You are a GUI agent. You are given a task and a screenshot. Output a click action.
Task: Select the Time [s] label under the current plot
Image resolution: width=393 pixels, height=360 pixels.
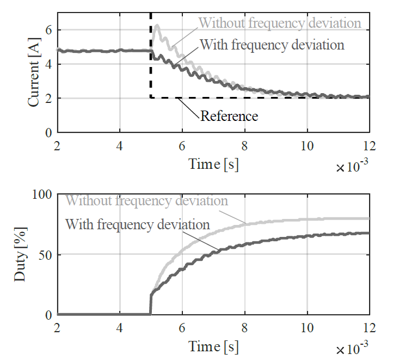213,163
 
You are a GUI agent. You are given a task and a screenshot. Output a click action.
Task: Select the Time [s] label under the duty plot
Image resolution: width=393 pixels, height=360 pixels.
213,346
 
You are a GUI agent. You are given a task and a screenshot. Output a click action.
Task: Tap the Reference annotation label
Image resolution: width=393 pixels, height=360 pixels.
229,115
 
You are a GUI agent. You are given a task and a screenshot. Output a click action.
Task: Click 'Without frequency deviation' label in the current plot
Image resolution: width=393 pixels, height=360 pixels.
280,23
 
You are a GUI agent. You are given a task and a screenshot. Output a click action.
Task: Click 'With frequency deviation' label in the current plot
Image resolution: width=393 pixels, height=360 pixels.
272,44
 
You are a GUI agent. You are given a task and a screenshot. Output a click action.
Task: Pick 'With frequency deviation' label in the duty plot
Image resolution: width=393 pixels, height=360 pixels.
138,224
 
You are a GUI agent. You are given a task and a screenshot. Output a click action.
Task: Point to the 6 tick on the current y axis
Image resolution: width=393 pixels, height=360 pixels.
48,30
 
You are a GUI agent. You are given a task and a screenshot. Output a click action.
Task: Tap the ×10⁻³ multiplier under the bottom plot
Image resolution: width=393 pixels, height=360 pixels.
353,350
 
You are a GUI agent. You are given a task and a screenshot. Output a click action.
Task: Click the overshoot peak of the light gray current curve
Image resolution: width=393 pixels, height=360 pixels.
157,25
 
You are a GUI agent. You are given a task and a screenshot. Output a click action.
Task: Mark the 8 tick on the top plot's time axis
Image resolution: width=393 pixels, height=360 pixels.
244,144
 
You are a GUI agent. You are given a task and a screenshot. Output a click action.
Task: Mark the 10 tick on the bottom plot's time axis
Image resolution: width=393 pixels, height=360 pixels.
307,327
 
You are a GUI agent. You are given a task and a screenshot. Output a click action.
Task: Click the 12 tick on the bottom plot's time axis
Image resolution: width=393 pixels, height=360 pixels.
369,327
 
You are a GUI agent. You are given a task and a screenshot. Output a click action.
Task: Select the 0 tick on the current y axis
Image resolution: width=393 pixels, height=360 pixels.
48,133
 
